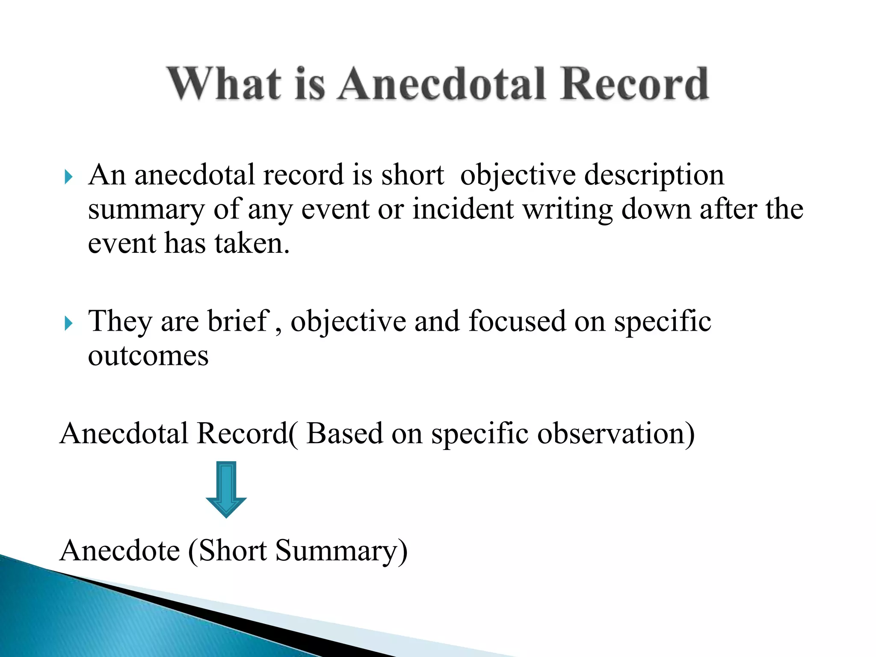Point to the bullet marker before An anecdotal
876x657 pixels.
[68, 177]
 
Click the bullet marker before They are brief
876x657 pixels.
[68, 323]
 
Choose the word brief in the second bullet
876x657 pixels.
[237, 321]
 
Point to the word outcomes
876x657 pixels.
[148, 356]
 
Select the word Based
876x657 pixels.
[344, 434]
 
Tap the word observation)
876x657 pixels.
[616, 434]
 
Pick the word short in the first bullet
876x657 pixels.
[413, 175]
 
